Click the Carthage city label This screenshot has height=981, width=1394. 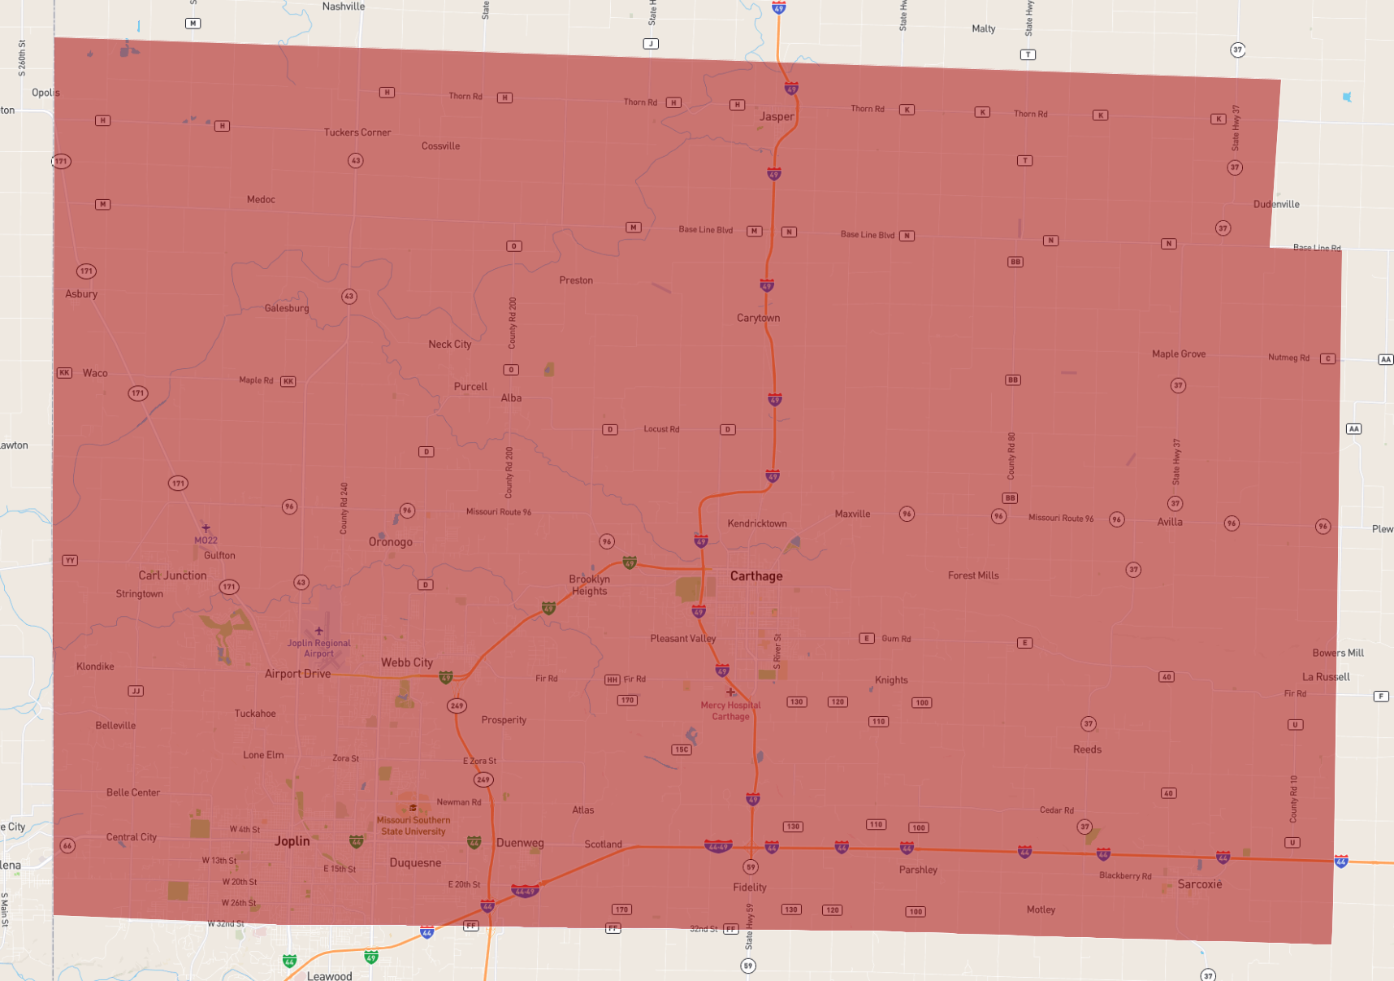click(756, 576)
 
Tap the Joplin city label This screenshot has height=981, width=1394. click(292, 841)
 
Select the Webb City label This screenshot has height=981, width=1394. click(407, 662)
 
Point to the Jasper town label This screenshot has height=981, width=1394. click(777, 116)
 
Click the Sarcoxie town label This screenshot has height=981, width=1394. click(1199, 884)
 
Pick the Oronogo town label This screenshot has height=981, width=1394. click(391, 542)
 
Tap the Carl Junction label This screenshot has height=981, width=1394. click(172, 575)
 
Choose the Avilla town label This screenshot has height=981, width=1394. click(1170, 522)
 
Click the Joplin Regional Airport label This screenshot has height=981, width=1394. click(319, 648)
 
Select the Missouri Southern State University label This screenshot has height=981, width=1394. click(413, 826)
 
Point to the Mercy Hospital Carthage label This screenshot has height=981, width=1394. click(730, 711)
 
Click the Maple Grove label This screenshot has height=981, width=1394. click(1178, 354)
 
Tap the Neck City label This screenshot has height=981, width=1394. click(450, 344)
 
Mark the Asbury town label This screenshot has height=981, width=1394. click(81, 294)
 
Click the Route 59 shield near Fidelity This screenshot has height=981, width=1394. click(751, 867)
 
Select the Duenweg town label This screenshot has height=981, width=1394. click(520, 843)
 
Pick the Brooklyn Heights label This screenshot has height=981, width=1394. click(589, 585)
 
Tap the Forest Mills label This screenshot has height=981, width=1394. click(973, 575)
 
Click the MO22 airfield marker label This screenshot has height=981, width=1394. click(206, 540)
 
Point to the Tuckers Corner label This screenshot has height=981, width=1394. click(357, 132)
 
